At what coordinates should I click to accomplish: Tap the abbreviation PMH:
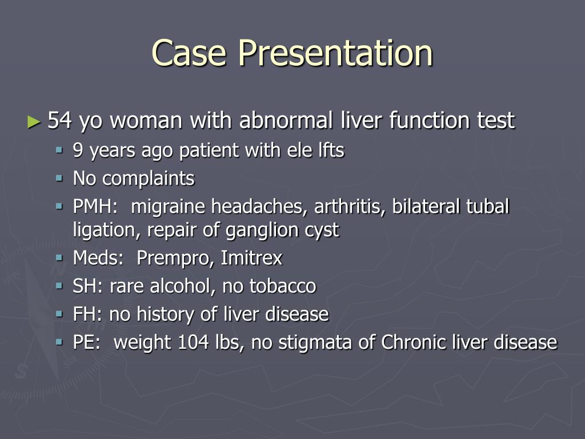94,206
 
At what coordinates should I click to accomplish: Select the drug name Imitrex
251,258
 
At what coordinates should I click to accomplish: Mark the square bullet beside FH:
59,313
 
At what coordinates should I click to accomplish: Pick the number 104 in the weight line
195,342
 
